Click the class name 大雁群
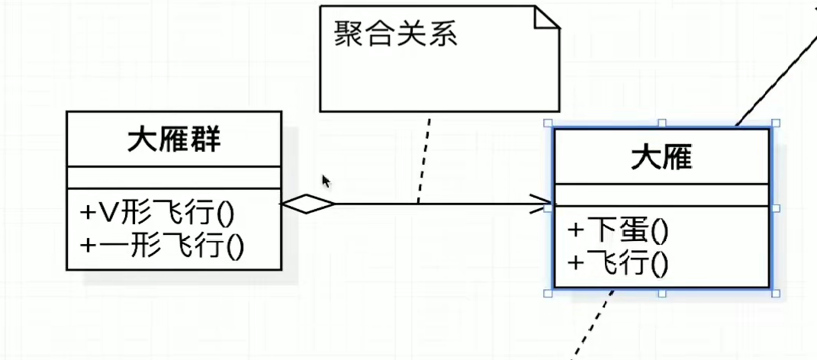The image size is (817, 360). point(174,140)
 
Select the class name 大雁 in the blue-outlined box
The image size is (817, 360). point(661,158)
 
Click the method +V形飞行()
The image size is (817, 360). point(157,211)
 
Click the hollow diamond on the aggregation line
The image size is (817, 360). point(308,204)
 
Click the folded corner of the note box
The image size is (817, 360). point(547,18)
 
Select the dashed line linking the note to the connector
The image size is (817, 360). point(423,160)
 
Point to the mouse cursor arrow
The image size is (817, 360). point(326,181)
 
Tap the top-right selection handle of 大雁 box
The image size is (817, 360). point(775,123)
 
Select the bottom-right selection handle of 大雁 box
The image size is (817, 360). point(775,293)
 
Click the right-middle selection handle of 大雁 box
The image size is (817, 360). point(775,207)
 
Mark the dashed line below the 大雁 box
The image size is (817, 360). point(594,324)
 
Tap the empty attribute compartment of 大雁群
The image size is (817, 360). point(173,177)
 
